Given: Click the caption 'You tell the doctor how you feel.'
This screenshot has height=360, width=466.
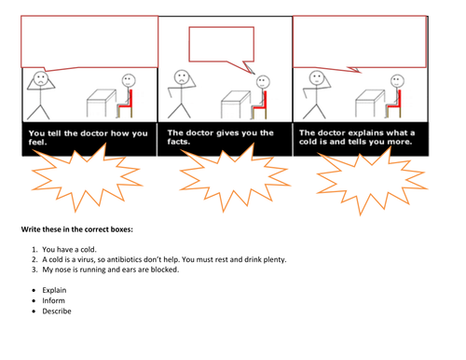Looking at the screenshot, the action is (x=88, y=138).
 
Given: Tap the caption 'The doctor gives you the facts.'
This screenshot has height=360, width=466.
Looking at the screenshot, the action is (x=220, y=137).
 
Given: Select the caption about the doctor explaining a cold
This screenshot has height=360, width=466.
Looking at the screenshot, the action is (x=357, y=137).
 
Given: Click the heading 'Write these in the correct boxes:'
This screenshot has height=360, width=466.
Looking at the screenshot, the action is (x=77, y=229).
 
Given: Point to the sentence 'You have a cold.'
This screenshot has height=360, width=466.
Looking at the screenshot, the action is (x=69, y=249).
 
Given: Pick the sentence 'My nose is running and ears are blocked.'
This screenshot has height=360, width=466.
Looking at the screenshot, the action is (x=111, y=270).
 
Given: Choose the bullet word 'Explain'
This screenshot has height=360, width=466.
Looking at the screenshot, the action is (x=54, y=290).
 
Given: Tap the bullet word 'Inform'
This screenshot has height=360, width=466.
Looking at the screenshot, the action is (x=54, y=300).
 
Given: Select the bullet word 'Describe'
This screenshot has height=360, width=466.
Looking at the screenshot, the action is (x=57, y=312).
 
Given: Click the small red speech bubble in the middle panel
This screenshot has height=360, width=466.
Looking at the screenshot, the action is (x=222, y=44).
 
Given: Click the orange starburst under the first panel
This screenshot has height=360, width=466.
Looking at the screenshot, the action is (x=87, y=177).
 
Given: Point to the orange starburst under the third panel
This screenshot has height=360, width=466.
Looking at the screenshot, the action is (x=372, y=181).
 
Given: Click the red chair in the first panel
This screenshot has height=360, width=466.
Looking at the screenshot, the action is (x=127, y=104).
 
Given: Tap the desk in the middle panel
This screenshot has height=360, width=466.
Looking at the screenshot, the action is (x=235, y=104).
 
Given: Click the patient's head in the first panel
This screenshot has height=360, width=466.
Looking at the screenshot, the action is (x=41, y=78).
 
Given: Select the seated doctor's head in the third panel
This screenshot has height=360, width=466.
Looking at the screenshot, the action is (x=397, y=81).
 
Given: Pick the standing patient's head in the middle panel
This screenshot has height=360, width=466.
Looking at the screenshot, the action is (x=182, y=77).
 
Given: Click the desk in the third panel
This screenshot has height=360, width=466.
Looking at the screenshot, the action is (x=370, y=104).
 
